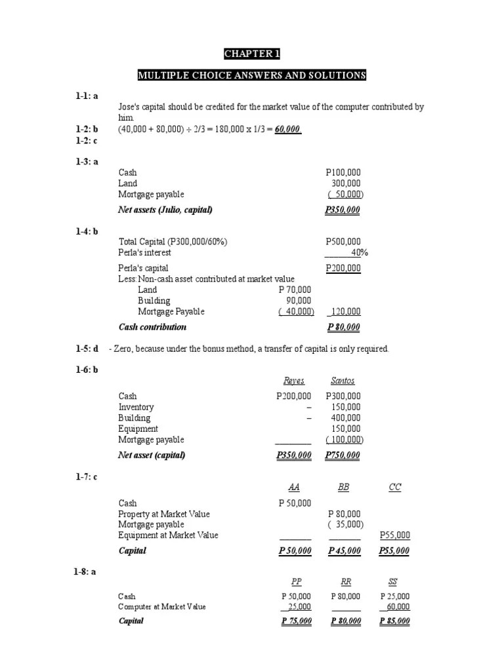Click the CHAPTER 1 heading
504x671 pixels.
tap(251, 54)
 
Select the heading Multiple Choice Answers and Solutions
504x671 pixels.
tap(251, 75)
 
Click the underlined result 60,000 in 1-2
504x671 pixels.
tap(288, 129)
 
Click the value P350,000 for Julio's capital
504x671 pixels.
tap(343, 210)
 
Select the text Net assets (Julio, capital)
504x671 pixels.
tap(165, 210)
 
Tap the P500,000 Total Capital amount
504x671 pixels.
tap(343, 242)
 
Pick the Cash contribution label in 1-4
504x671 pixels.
tap(152, 327)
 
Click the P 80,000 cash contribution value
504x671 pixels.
tap(343, 327)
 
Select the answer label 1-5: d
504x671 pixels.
tap(86, 349)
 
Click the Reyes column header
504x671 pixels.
tap(293, 381)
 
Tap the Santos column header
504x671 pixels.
tap(343, 381)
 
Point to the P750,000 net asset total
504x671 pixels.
tap(343, 455)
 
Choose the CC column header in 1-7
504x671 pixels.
tap(394, 488)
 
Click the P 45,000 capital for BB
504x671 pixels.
tap(345, 551)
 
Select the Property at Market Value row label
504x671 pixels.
tap(164, 514)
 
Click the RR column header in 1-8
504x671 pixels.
tap(346, 581)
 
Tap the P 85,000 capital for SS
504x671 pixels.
tap(395, 621)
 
